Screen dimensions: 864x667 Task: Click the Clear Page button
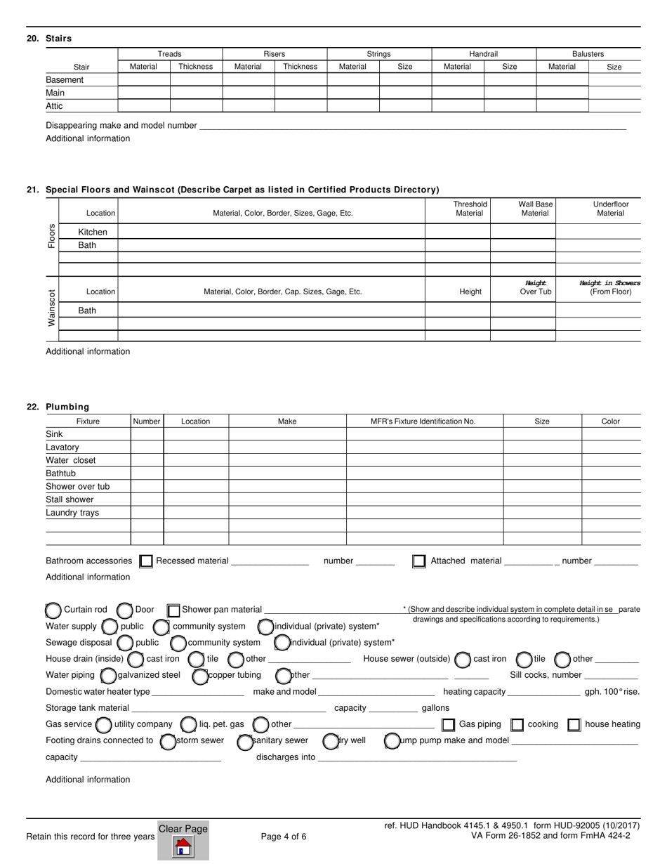click(183, 839)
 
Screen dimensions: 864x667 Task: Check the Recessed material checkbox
click(146, 561)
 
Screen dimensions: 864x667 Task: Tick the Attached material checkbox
click(419, 561)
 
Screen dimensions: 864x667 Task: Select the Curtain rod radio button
click(53, 610)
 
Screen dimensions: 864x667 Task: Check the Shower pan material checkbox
click(173, 610)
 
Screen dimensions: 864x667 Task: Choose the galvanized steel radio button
click(108, 676)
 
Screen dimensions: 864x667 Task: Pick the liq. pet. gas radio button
click(188, 724)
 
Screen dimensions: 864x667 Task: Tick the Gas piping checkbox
click(448, 725)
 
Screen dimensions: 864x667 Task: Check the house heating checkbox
click(574, 725)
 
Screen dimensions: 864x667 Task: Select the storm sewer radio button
click(168, 741)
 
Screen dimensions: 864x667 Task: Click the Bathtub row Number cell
click(147, 473)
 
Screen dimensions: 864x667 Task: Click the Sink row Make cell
click(287, 434)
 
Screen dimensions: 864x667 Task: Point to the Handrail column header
click(483, 54)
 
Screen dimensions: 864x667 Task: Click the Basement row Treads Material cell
click(143, 80)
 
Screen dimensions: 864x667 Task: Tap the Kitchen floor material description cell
click(271, 232)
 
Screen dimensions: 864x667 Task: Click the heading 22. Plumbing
click(67, 407)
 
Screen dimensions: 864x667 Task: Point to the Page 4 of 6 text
click(284, 837)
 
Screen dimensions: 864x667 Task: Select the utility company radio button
click(103, 724)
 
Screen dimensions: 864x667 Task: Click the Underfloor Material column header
click(610, 209)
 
